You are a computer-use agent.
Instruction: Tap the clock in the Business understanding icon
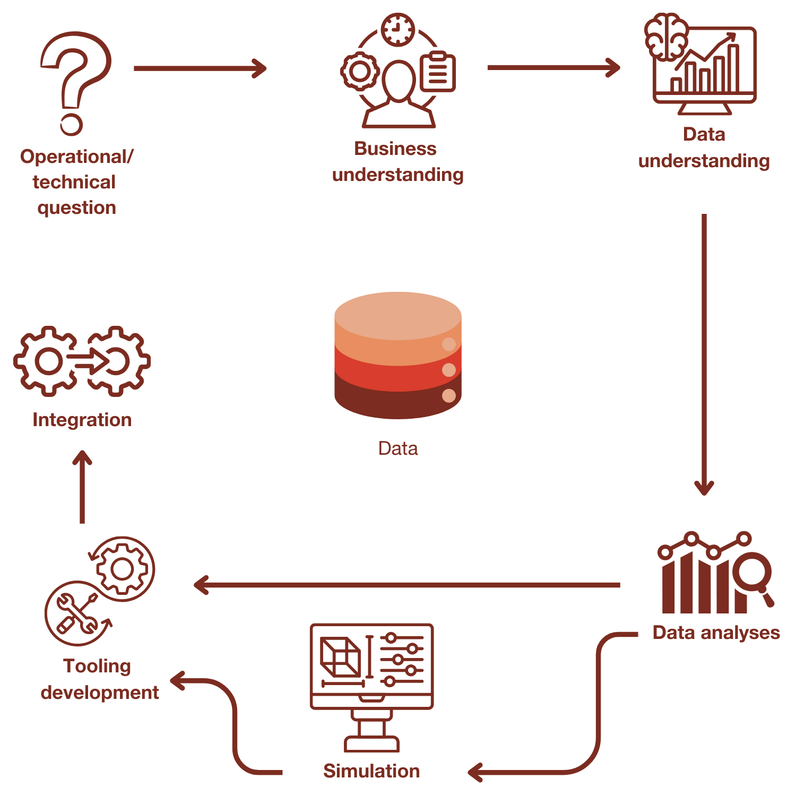(398, 30)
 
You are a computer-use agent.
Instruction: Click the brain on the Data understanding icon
(666, 36)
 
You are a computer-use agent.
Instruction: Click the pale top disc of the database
(398, 316)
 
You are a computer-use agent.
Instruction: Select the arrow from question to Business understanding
(199, 68)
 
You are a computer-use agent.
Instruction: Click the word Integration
(82, 420)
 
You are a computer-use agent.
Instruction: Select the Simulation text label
(371, 771)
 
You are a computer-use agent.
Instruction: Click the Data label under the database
(398, 448)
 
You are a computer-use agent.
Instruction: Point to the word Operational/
(77, 157)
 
